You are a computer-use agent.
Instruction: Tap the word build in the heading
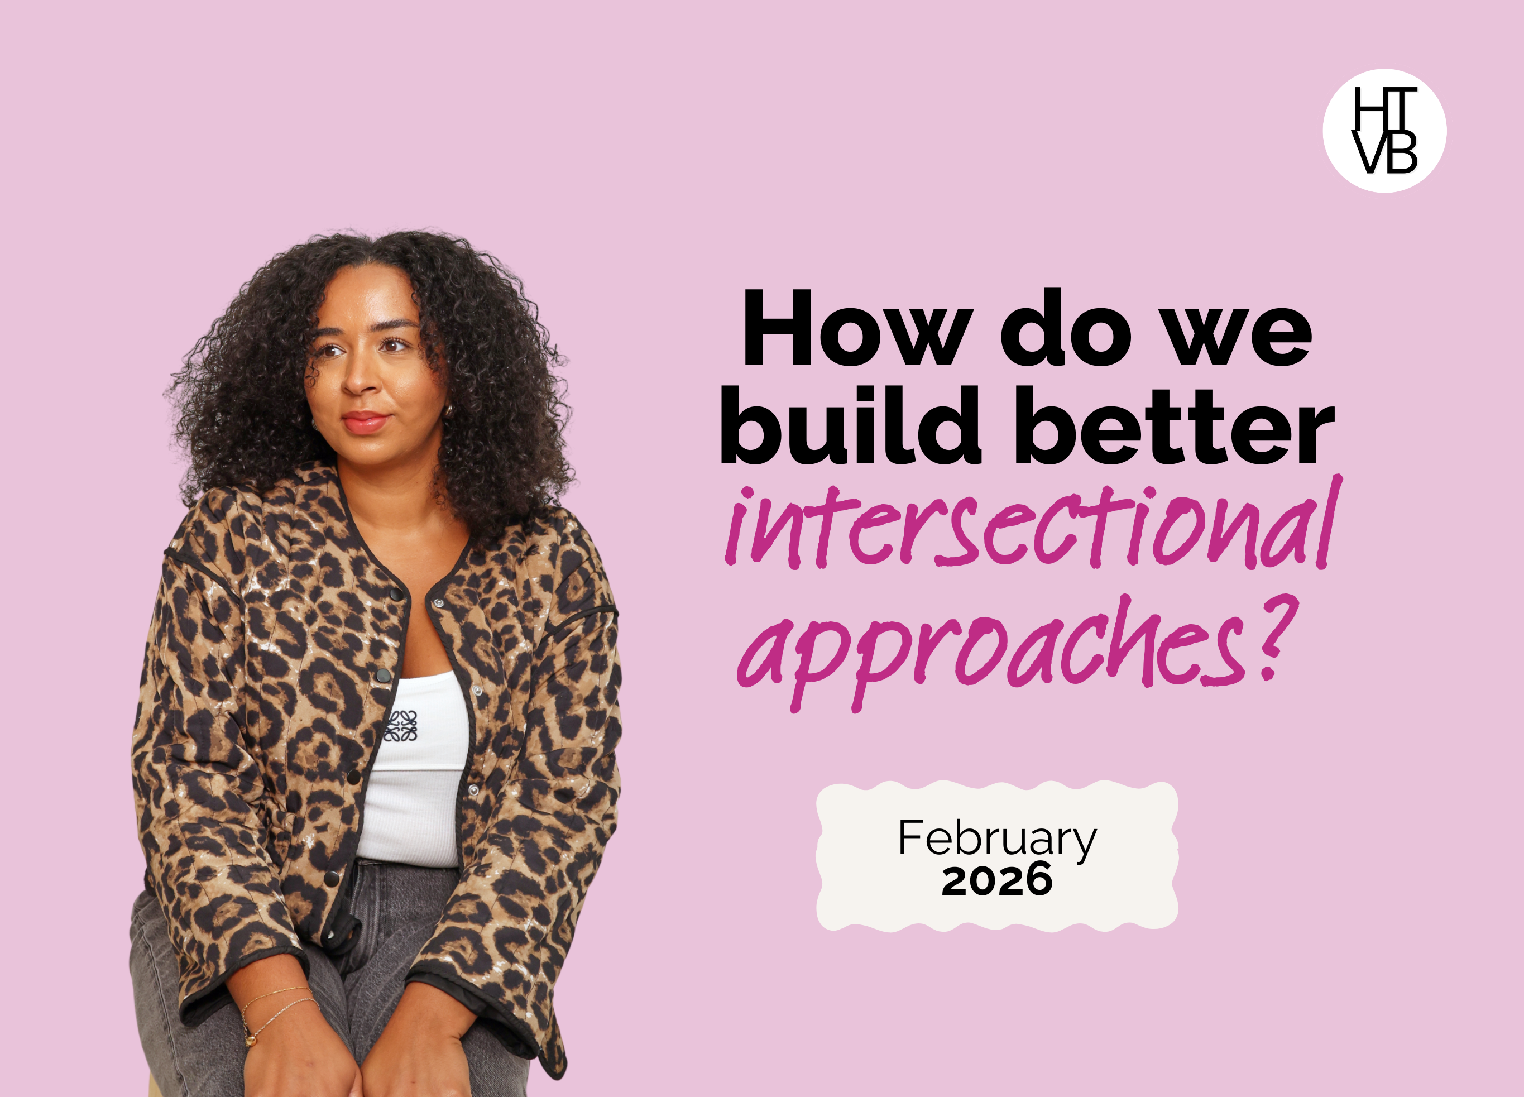[850, 425]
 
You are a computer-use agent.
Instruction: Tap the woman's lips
[365, 423]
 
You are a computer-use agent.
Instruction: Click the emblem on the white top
[401, 726]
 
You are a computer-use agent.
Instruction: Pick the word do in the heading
[1067, 327]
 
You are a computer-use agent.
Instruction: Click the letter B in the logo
[1401, 152]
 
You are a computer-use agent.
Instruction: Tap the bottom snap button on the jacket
[331, 879]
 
